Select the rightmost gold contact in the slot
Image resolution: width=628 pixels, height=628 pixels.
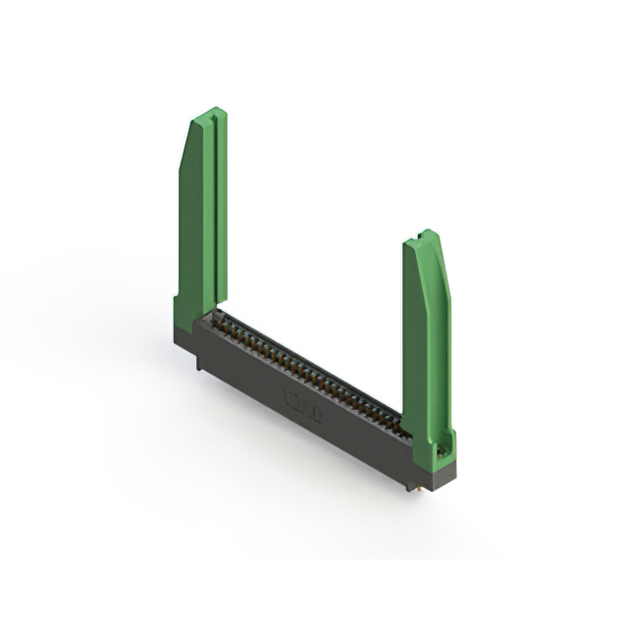[397, 422]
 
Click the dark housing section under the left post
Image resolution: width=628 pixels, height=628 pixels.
[186, 339]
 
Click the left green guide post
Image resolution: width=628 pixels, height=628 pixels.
[201, 216]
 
